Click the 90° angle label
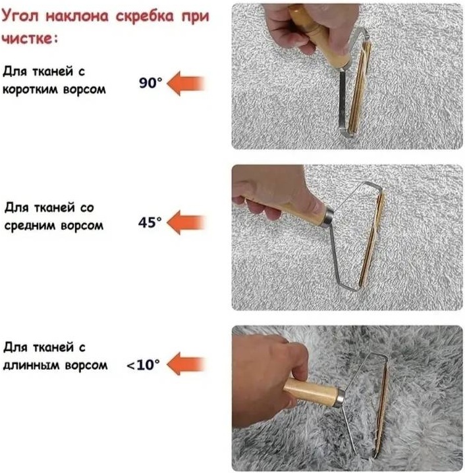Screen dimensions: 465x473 click(x=150, y=83)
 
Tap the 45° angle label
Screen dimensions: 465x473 click(x=150, y=222)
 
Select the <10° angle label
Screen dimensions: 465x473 click(x=143, y=364)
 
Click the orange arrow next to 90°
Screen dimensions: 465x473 click(x=186, y=84)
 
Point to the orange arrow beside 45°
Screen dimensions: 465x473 click(x=186, y=222)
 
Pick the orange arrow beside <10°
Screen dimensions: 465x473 click(x=186, y=364)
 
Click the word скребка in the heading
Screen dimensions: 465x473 click(x=145, y=16)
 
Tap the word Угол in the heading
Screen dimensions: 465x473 click(x=20, y=16)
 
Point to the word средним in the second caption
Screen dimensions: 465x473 click(x=30, y=226)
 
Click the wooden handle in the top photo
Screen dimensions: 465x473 click(x=319, y=36)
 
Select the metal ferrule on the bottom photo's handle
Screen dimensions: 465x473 click(x=341, y=399)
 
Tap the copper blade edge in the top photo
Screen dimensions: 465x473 click(x=360, y=87)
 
